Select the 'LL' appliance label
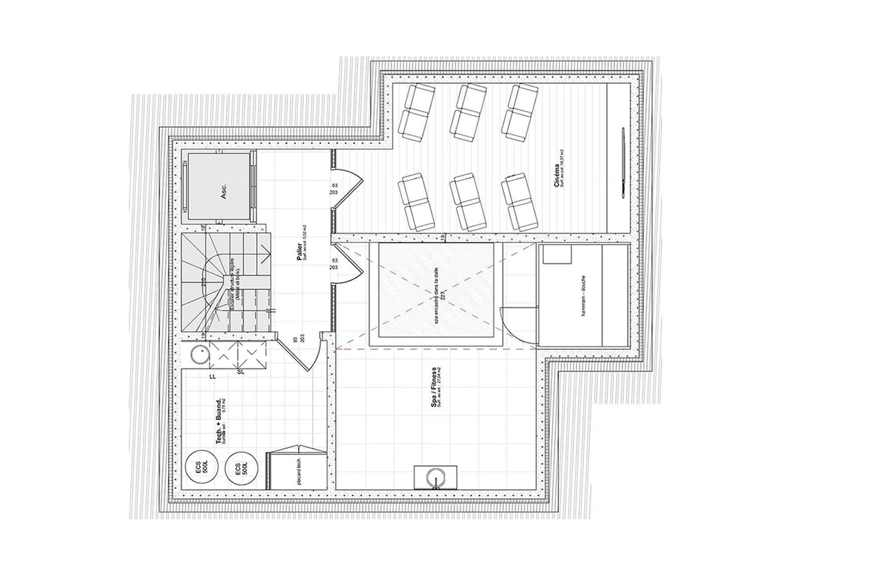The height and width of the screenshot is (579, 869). tap(212, 377)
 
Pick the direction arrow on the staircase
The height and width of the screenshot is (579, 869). tap(265, 254)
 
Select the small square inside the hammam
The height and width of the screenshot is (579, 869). tap(557, 254)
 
